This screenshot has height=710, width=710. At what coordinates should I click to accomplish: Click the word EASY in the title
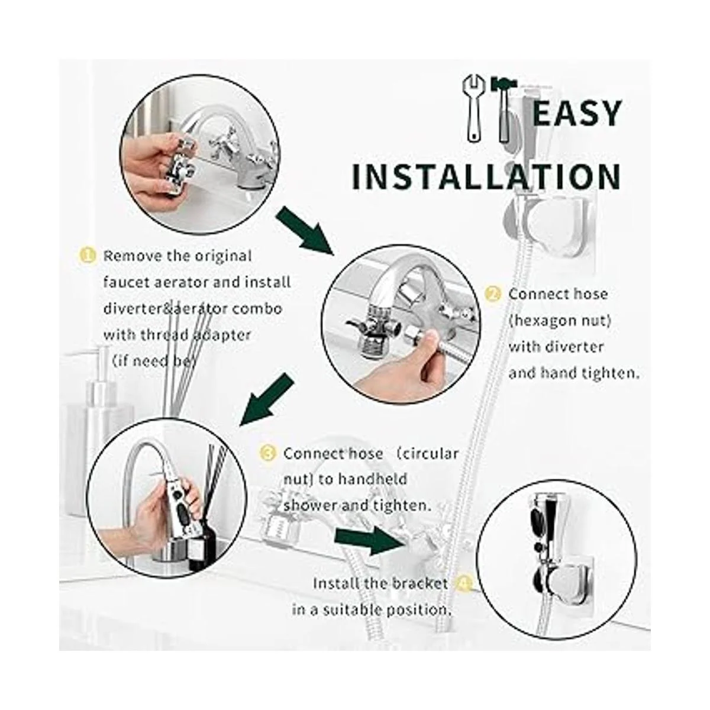(577, 113)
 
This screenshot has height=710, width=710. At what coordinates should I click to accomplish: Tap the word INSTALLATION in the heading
(486, 177)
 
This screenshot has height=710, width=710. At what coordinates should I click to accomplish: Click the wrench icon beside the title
(474, 108)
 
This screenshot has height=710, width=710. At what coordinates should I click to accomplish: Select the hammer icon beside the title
(504, 109)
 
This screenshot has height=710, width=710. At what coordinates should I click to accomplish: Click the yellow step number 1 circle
(88, 256)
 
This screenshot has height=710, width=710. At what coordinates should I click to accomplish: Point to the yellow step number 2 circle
(493, 295)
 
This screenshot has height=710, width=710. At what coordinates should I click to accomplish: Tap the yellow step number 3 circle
(267, 454)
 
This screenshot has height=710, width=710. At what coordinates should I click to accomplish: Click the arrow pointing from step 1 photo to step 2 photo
(305, 231)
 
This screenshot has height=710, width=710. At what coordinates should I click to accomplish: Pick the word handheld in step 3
(373, 479)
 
